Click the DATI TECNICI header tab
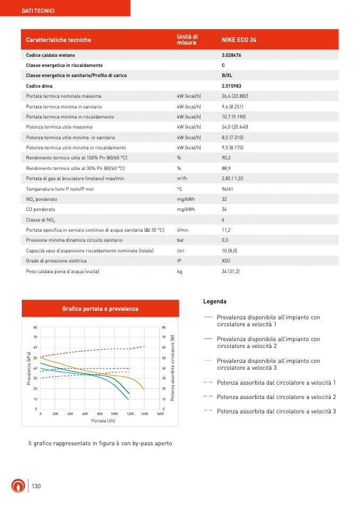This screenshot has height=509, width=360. tap(38, 11)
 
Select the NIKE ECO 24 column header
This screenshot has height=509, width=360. tap(239, 40)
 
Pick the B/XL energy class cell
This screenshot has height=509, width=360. tap(227, 75)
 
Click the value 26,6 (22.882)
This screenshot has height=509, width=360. tap(239, 96)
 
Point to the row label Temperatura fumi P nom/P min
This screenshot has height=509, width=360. tap(60, 189)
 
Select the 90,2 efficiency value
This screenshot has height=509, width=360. tap(227, 158)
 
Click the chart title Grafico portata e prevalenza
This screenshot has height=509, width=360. tap(100, 309)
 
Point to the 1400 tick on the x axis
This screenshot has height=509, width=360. tap(145, 413)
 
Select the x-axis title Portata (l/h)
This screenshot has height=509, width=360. tap(100, 420)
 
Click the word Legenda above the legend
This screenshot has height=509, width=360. tap(215, 302)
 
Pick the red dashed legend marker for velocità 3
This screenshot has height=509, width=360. tap(208, 411)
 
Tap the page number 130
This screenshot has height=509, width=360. tap(36, 487)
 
